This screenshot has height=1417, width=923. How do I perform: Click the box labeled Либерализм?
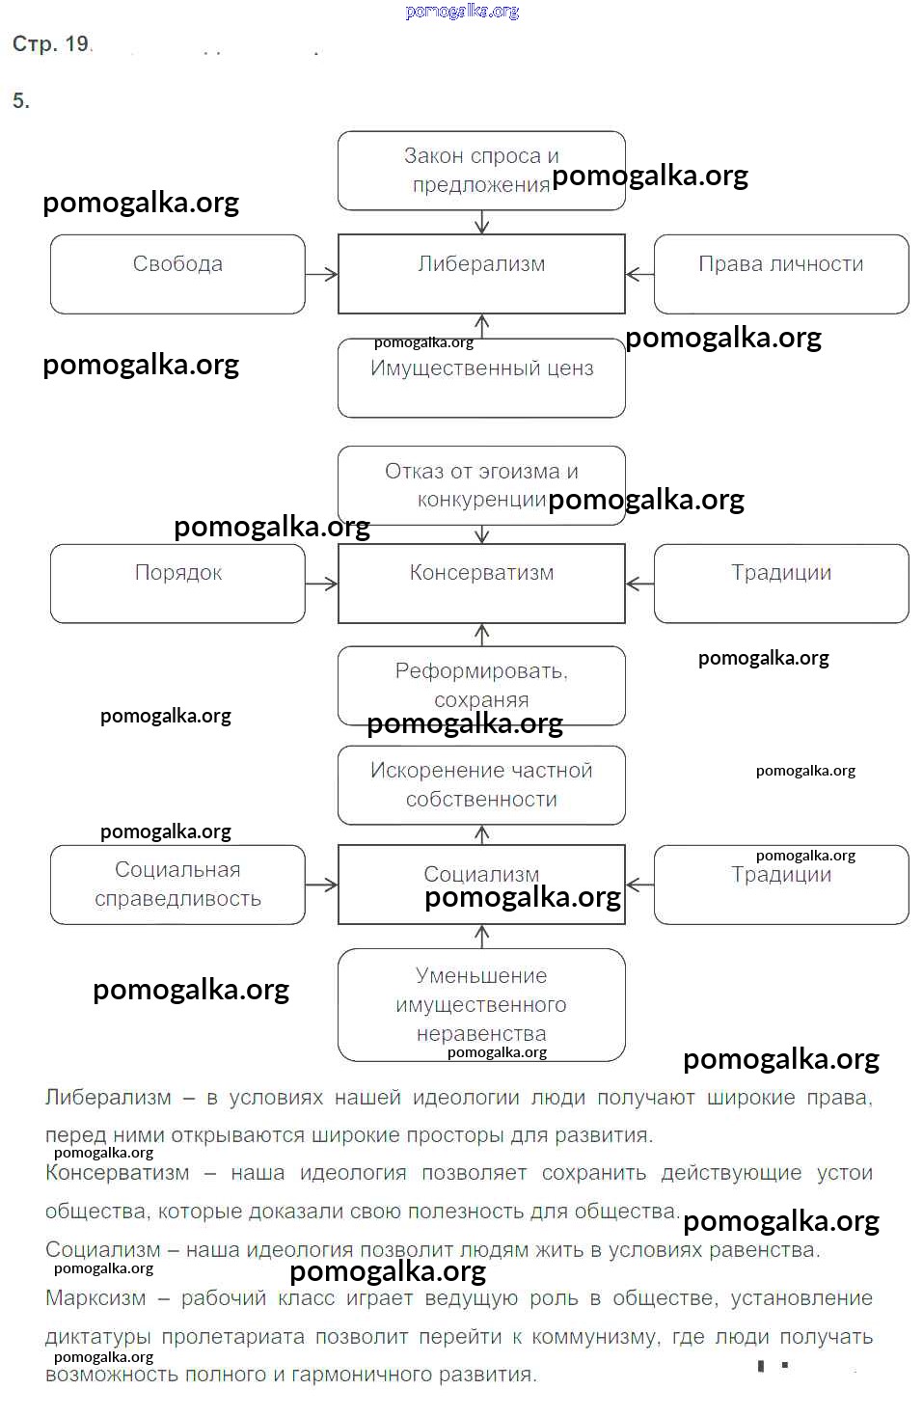pos(481,274)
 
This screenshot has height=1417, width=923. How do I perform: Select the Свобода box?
pos(177,274)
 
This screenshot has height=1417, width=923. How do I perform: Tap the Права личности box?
pos(781,274)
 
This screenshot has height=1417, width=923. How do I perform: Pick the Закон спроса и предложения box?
pos(481,171)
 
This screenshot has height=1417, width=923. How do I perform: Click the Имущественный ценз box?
pos(481,378)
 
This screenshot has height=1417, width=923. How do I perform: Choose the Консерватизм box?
pos(481,584)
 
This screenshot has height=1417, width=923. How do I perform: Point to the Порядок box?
pos(177,584)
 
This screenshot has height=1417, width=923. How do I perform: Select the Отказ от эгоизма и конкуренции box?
pos(481,485)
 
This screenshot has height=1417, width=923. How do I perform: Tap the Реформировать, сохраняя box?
pos(481,685)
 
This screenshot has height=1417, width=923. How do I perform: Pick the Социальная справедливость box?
pos(177,885)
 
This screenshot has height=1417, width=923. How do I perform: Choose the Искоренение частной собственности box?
pos(481,785)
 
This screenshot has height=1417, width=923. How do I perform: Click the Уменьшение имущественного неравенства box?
pos(481,1004)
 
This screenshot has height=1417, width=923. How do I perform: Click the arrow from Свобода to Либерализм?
pos(321,274)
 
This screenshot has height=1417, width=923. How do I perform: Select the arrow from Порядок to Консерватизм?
pos(321,584)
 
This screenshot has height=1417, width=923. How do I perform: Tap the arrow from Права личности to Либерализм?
pos(639,274)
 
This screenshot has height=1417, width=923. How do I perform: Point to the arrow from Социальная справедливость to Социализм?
pos(321,885)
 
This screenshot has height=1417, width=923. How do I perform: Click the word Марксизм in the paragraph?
pos(95,1298)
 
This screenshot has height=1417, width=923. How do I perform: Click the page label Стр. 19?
pos(51,44)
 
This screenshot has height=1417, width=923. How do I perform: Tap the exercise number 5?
pos(20,101)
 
